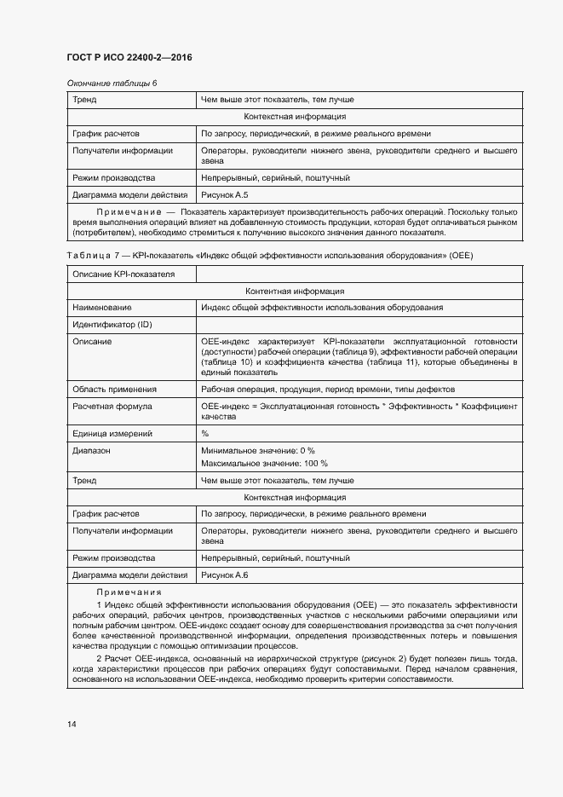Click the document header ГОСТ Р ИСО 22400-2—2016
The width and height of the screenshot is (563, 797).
click(x=129, y=57)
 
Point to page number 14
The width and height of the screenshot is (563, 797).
click(x=72, y=725)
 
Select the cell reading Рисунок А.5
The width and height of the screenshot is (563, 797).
click(x=224, y=195)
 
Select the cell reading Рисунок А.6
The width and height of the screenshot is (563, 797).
click(x=224, y=575)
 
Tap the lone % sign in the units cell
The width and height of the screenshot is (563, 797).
click(x=205, y=433)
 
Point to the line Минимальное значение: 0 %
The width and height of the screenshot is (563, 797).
click(x=258, y=449)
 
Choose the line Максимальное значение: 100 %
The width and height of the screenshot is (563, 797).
click(x=264, y=464)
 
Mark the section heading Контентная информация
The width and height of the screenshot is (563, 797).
click(x=294, y=291)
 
